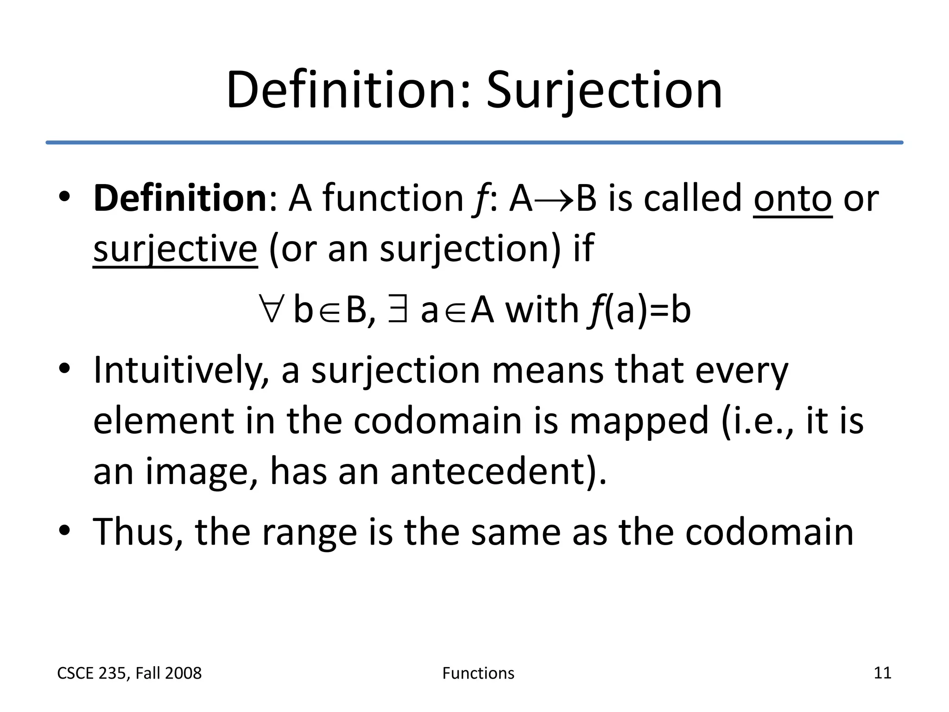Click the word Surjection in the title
(x=604, y=90)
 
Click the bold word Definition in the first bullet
(x=180, y=198)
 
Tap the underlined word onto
(x=792, y=198)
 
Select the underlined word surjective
(x=175, y=249)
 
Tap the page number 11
(x=882, y=673)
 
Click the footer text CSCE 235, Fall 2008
(x=129, y=673)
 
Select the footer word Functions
(x=478, y=673)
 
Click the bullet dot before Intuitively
(x=64, y=369)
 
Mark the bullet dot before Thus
(x=64, y=530)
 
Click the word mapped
(x=639, y=422)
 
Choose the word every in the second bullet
(x=741, y=371)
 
